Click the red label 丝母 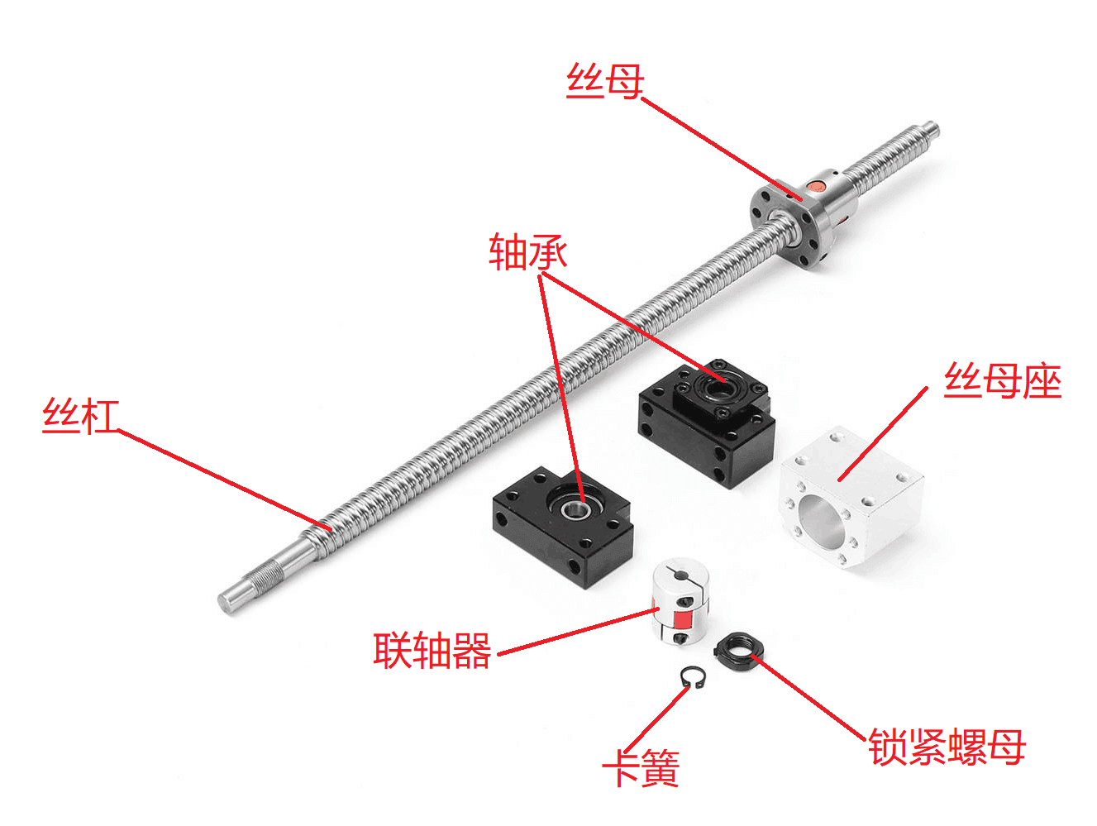pos(605,81)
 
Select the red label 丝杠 pos(80,416)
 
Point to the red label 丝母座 pos(1002,381)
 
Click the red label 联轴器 pos(432,651)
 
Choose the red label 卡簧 pos(642,767)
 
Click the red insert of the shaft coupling pos(682,620)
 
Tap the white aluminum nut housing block pos(851,496)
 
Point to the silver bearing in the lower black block pos(571,508)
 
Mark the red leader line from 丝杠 pos(224,480)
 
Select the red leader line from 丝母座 pos(883,433)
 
